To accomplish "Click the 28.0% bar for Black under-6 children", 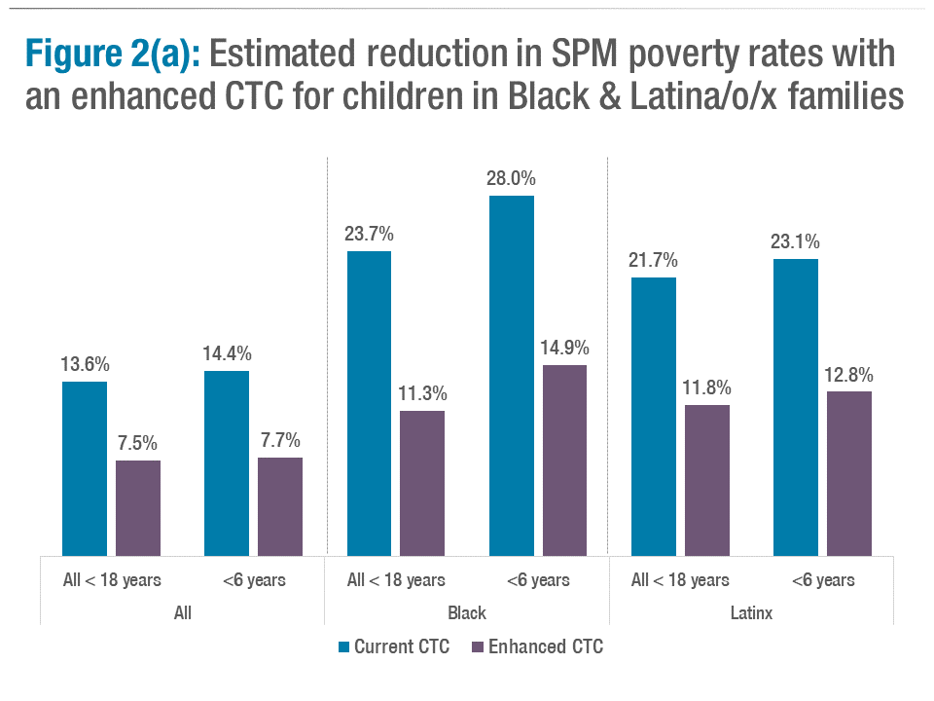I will (511, 375).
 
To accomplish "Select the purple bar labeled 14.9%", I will (564, 460).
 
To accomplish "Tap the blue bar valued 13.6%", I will (85, 468).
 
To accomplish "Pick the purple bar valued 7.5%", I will (138, 507).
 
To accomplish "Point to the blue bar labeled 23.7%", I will (369, 403).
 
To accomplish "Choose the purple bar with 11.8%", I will (706, 480).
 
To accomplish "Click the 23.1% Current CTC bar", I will (796, 407).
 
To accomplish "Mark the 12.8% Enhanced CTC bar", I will (849, 473).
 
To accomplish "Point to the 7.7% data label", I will (280, 440).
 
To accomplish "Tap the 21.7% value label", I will (653, 261).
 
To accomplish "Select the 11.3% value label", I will (422, 394).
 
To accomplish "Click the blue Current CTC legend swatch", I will (343, 646).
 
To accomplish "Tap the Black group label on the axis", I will (467, 613).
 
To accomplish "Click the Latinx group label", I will (751, 613).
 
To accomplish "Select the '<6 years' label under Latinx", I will (822, 580).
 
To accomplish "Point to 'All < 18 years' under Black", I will (396, 580).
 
